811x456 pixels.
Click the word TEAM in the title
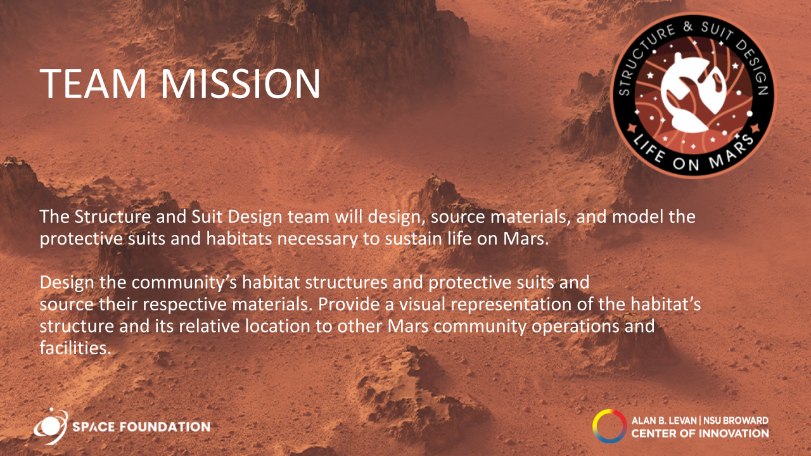93,84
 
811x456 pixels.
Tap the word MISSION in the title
240,84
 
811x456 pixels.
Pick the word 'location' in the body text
278,326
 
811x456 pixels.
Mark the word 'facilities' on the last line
75,348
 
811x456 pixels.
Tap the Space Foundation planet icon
51,426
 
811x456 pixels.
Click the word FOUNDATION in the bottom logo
165,427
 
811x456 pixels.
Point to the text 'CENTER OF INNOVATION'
700,433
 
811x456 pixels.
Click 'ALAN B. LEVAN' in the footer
664,421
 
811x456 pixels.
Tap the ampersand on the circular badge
688,27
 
